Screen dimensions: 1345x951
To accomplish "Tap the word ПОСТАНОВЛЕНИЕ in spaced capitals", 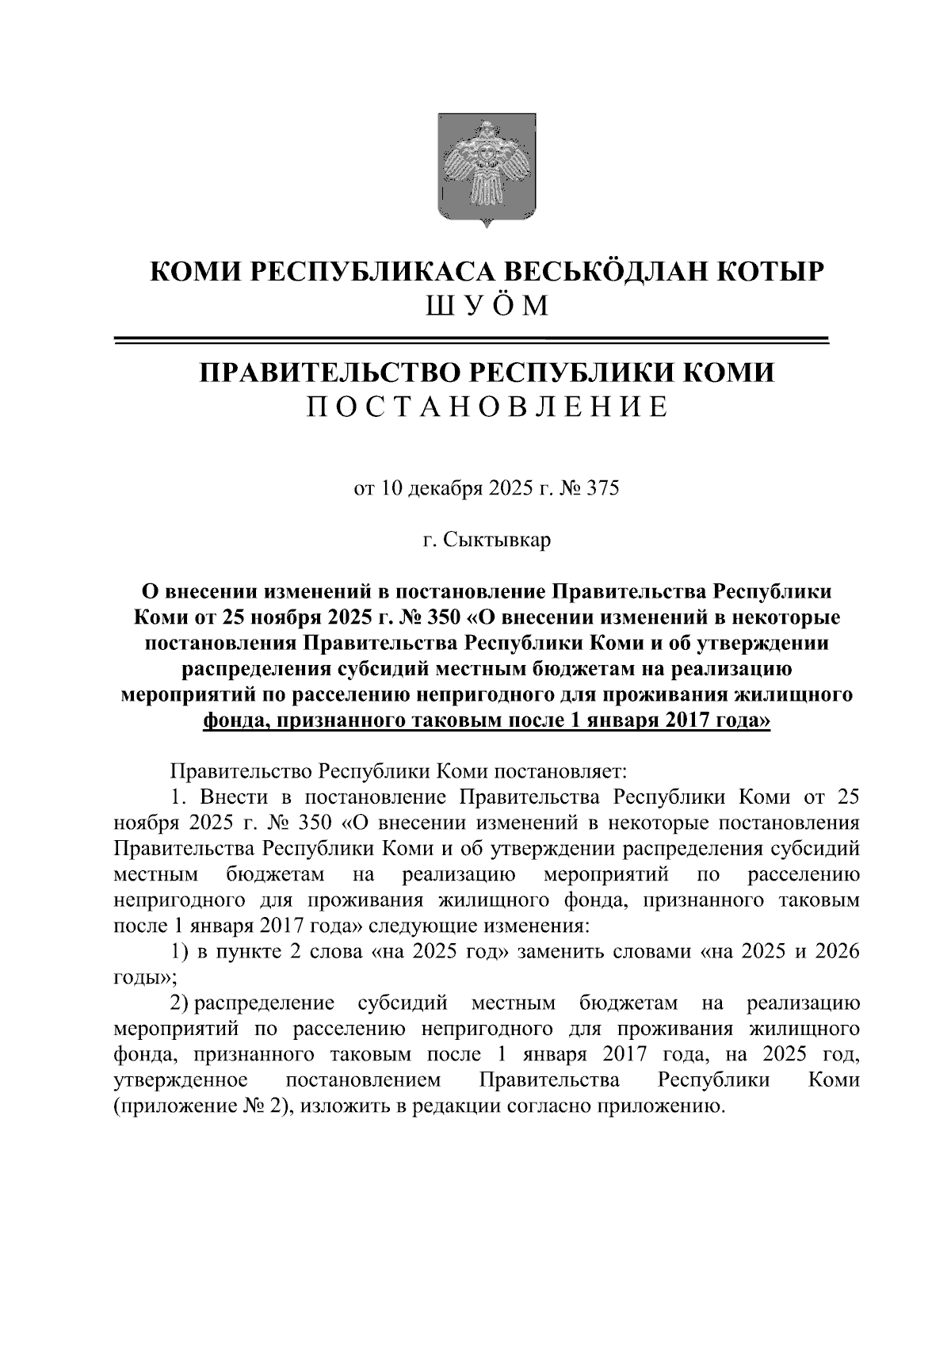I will click(x=487, y=407).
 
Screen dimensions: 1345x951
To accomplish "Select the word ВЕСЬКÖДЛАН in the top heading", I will click(x=605, y=272).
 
